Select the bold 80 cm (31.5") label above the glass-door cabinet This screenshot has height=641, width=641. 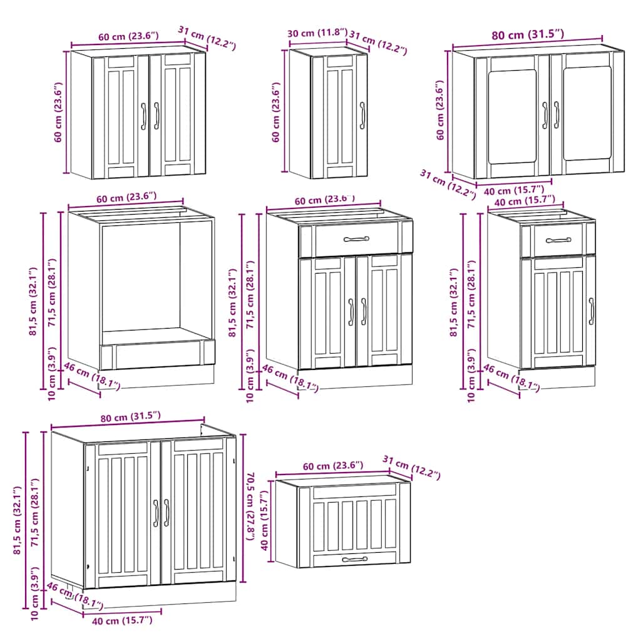[x=527, y=34]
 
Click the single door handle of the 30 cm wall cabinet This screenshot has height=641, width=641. [x=362, y=115]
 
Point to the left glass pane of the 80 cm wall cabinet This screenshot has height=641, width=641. [x=512, y=116]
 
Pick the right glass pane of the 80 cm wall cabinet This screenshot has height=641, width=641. [x=587, y=114]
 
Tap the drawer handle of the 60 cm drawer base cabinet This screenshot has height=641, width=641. [x=357, y=238]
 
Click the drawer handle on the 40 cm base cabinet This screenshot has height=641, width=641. [x=558, y=240]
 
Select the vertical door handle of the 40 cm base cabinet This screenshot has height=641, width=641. [x=591, y=311]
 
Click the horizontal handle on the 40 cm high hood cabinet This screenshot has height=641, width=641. [x=355, y=559]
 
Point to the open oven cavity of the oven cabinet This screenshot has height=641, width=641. [x=141, y=279]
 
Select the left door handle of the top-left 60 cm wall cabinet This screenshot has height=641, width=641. [x=143, y=116]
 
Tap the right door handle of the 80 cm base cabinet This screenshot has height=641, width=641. [x=167, y=512]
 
